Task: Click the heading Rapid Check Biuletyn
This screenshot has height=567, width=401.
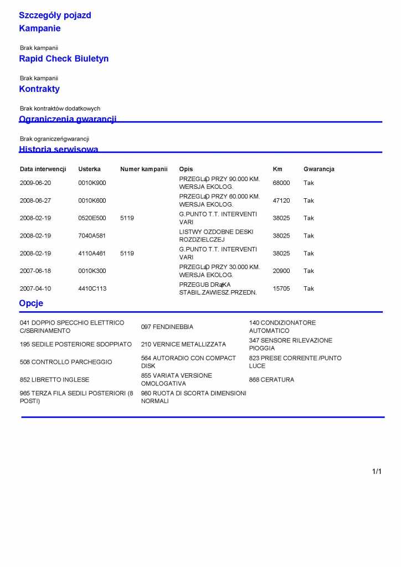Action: (x=64, y=59)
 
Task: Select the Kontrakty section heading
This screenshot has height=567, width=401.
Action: (x=39, y=89)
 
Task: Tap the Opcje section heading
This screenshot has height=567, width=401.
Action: (x=31, y=303)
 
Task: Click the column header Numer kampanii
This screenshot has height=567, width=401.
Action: (x=143, y=169)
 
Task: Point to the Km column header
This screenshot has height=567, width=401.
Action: (x=277, y=169)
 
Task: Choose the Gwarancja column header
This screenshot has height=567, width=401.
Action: (x=318, y=169)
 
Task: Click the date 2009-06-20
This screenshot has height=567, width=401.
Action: (x=35, y=183)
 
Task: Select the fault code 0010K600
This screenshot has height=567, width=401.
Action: (x=92, y=200)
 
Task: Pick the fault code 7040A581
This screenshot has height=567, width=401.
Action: (x=92, y=236)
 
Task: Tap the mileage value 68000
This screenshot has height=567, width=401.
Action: (x=281, y=183)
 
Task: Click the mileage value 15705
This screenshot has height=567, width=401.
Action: (x=281, y=288)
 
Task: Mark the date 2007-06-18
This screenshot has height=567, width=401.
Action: (x=35, y=271)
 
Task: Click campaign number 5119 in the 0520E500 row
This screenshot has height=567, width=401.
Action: (x=127, y=218)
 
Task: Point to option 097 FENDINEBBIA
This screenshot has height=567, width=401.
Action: (x=167, y=327)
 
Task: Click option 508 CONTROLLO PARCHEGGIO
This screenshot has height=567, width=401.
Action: (x=65, y=362)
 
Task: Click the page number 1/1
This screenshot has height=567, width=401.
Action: (x=377, y=472)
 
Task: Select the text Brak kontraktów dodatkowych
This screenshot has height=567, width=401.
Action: (x=60, y=109)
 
